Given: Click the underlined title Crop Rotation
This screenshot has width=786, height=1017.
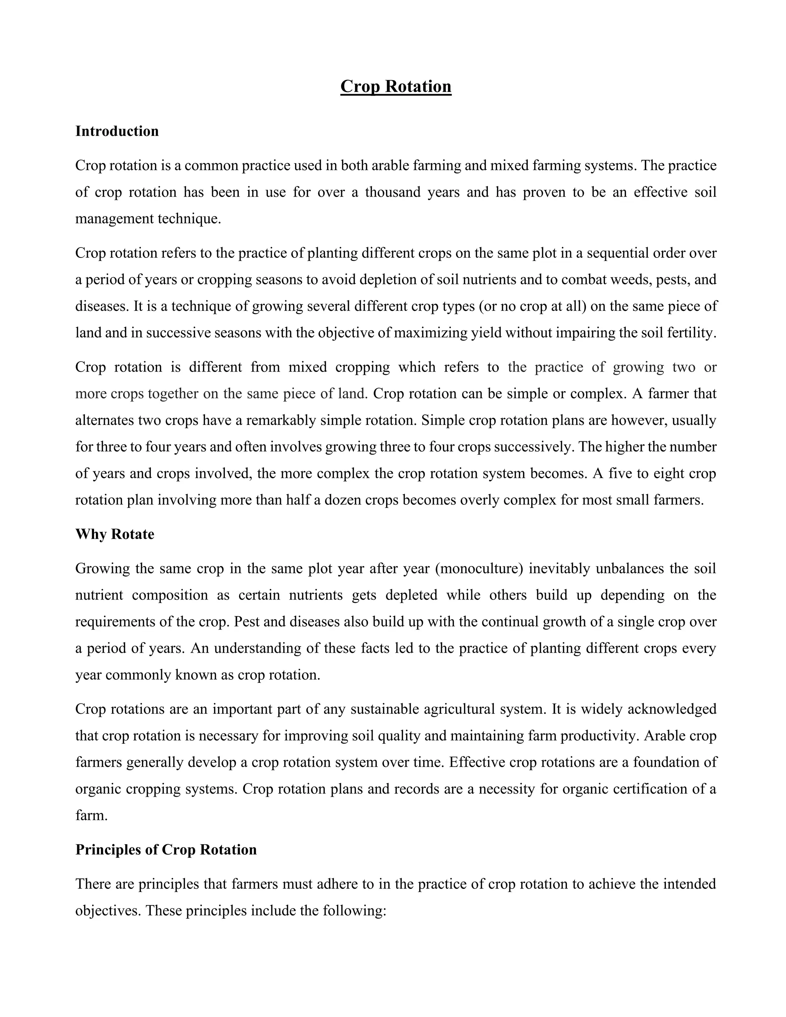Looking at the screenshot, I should pyautogui.click(x=395, y=87).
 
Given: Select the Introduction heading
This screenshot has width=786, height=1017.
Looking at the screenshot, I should pyautogui.click(x=117, y=131).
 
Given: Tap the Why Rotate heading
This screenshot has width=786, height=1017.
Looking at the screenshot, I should pyautogui.click(x=114, y=534).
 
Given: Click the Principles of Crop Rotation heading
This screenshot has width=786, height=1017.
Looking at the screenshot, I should pyautogui.click(x=166, y=849).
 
